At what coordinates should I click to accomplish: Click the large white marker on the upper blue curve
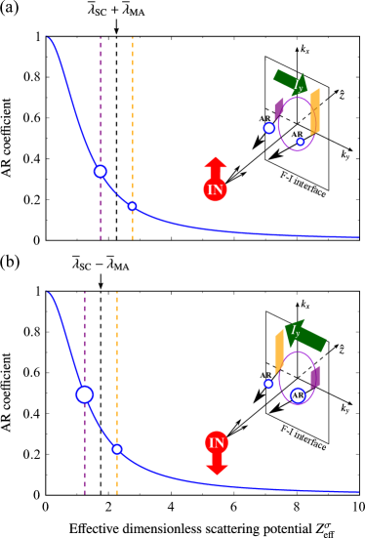(101, 171)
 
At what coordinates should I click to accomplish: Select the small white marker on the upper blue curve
(133, 206)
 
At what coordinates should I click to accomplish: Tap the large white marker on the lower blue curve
(85, 394)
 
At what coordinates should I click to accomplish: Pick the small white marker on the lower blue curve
(117, 449)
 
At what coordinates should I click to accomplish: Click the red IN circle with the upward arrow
(216, 189)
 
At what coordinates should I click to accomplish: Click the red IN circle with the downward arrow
(217, 443)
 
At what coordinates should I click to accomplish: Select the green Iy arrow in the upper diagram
(292, 83)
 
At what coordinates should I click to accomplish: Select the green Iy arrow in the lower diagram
(305, 334)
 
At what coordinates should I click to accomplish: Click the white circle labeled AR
(299, 395)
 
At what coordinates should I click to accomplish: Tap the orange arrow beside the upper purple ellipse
(314, 111)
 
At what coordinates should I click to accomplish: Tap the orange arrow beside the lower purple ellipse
(279, 350)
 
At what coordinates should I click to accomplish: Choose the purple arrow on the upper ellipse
(279, 107)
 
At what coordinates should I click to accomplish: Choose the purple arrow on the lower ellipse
(315, 377)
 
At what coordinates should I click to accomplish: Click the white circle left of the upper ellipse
(269, 128)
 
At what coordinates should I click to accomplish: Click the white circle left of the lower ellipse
(268, 384)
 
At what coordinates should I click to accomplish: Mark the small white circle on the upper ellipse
(301, 142)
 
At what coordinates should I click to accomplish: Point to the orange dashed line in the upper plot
(133, 117)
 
